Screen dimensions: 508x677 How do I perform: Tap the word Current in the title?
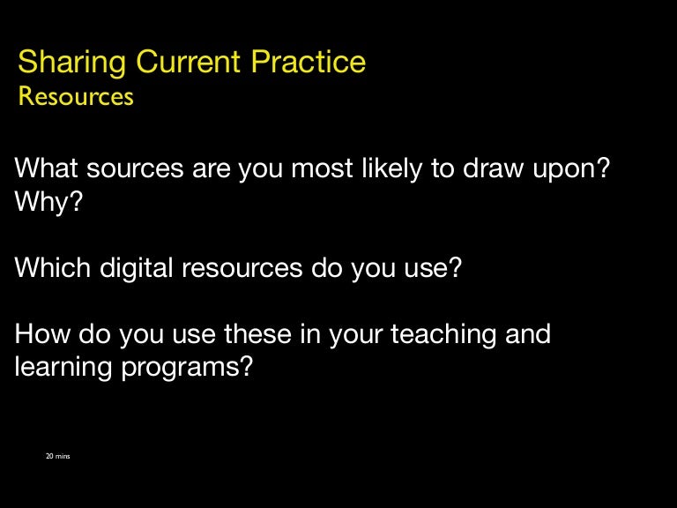click(190, 63)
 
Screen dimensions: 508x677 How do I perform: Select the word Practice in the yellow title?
click(309, 63)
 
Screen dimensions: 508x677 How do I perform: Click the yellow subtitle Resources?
click(76, 96)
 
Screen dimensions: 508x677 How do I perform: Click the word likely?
click(382, 168)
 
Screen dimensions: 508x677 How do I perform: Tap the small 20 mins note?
click(57, 456)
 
